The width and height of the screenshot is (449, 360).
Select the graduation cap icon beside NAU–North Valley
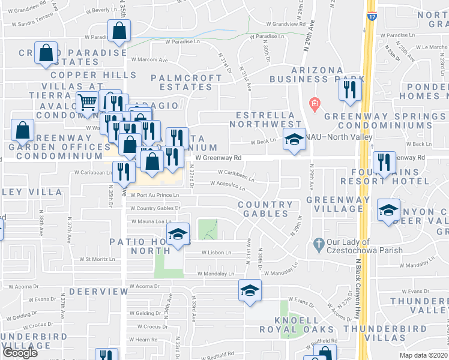(x=293, y=140)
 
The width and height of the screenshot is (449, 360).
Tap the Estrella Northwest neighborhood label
(x=265, y=119)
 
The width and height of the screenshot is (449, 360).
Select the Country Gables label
(x=265, y=209)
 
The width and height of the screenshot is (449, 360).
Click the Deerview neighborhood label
(x=91, y=291)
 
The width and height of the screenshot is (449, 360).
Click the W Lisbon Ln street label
(x=216, y=253)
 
